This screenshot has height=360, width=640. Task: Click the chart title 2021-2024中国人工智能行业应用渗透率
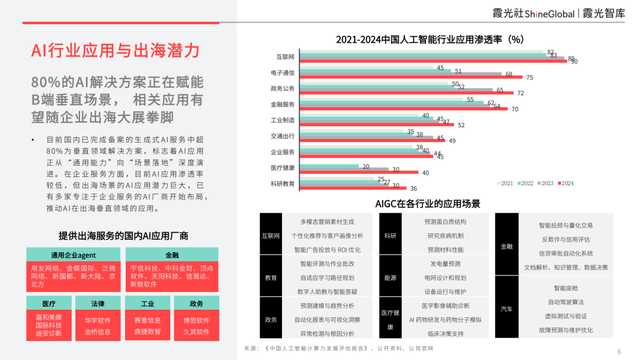click(430, 38)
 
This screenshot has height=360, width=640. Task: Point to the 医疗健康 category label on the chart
click(281, 166)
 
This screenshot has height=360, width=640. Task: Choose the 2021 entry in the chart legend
click(508, 183)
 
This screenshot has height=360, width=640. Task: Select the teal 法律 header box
click(97, 301)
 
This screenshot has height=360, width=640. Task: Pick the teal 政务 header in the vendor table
click(196, 301)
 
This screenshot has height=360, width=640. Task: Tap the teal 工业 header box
click(147, 301)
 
